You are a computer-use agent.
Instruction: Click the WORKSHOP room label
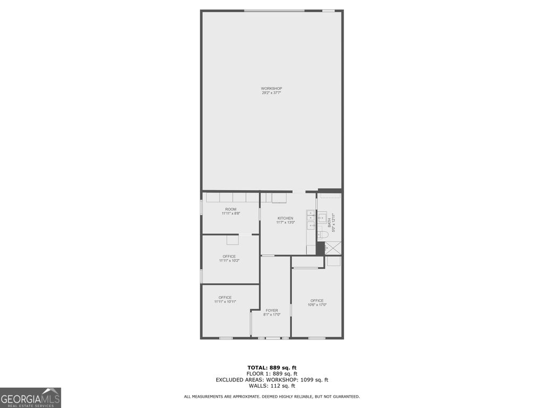tap(271, 88)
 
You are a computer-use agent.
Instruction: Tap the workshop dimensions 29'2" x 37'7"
tap(271, 93)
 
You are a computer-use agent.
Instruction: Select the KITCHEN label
tap(285, 218)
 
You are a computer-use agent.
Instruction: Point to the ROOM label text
tap(231, 209)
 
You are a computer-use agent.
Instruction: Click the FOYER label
tap(272, 310)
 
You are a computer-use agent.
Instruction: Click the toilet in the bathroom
tap(323, 234)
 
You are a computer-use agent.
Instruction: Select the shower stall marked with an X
tap(333, 248)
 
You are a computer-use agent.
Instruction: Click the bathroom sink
tap(322, 217)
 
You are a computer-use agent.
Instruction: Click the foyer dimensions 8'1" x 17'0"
tap(272, 315)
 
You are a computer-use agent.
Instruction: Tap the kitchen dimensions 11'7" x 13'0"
tap(285, 223)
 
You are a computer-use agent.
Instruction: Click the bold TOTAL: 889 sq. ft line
tap(272, 368)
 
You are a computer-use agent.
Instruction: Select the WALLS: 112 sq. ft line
tap(272, 386)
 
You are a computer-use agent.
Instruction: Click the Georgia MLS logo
tap(30, 398)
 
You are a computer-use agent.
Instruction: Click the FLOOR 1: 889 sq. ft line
tap(272, 373)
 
